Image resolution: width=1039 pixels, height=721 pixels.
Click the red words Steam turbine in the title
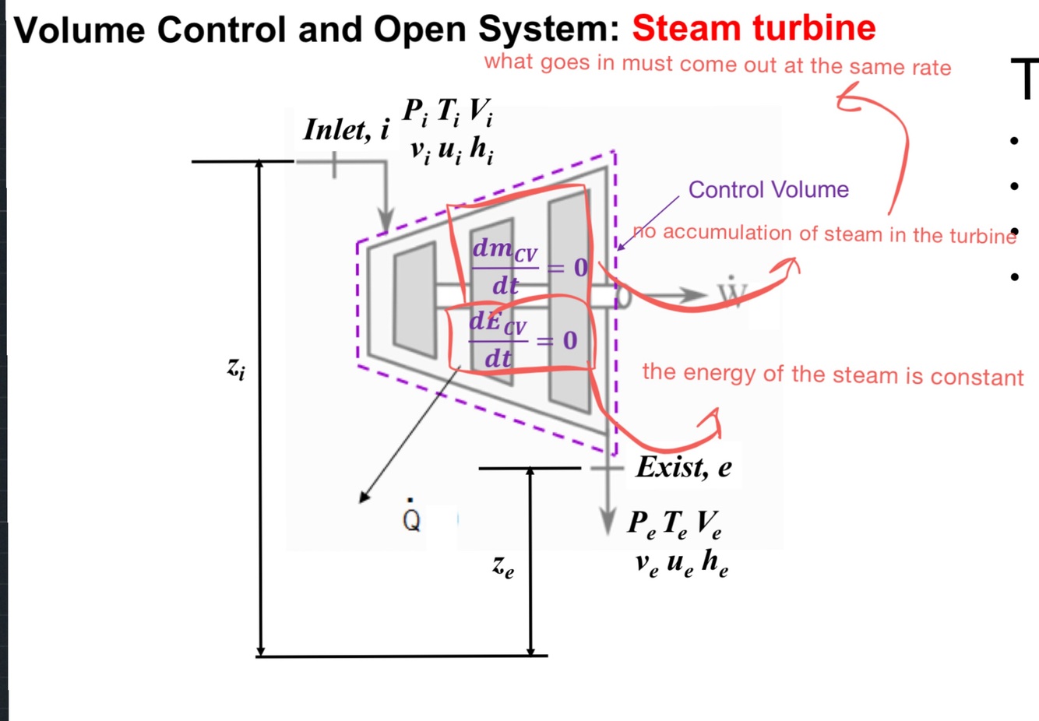753,28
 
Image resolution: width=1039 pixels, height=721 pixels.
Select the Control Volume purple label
768,189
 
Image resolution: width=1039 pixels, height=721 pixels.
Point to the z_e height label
503,567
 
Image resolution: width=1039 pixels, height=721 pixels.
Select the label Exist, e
684,466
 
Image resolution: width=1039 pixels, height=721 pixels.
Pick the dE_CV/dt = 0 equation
520,340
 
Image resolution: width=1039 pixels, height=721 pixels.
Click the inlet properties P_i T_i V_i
447,112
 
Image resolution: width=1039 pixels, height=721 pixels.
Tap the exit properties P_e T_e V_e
674,524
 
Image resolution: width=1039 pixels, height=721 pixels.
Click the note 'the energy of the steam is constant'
832,375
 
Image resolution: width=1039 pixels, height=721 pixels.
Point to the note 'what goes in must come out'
717,65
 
